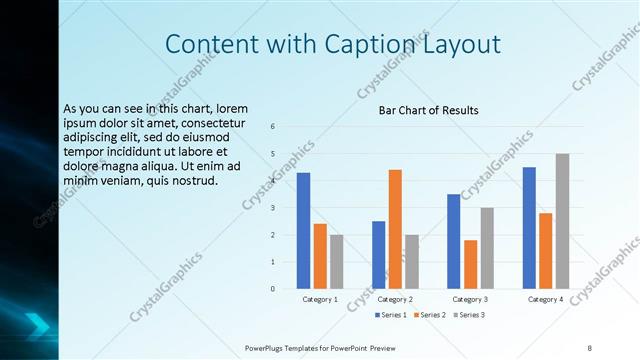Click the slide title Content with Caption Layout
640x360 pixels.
[x=333, y=44]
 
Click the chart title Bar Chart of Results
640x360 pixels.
[x=428, y=110]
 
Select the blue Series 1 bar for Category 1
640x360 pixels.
[x=303, y=231]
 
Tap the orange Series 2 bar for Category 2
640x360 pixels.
[x=395, y=229]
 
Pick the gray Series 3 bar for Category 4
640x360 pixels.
[x=562, y=221]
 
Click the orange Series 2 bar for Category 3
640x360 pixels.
[x=470, y=264]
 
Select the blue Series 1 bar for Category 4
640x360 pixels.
[x=529, y=228]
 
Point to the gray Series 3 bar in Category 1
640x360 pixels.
[x=336, y=262]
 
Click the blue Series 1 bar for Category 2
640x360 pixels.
[x=378, y=255]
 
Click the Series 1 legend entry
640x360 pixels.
[x=391, y=315]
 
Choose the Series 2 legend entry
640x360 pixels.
[x=429, y=315]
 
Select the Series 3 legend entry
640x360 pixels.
[x=468, y=315]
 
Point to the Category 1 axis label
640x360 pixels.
[x=320, y=299]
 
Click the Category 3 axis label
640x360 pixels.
[x=470, y=299]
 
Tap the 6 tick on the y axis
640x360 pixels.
[x=273, y=126]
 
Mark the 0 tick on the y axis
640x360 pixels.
[x=273, y=289]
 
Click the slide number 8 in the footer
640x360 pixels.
[x=589, y=347]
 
